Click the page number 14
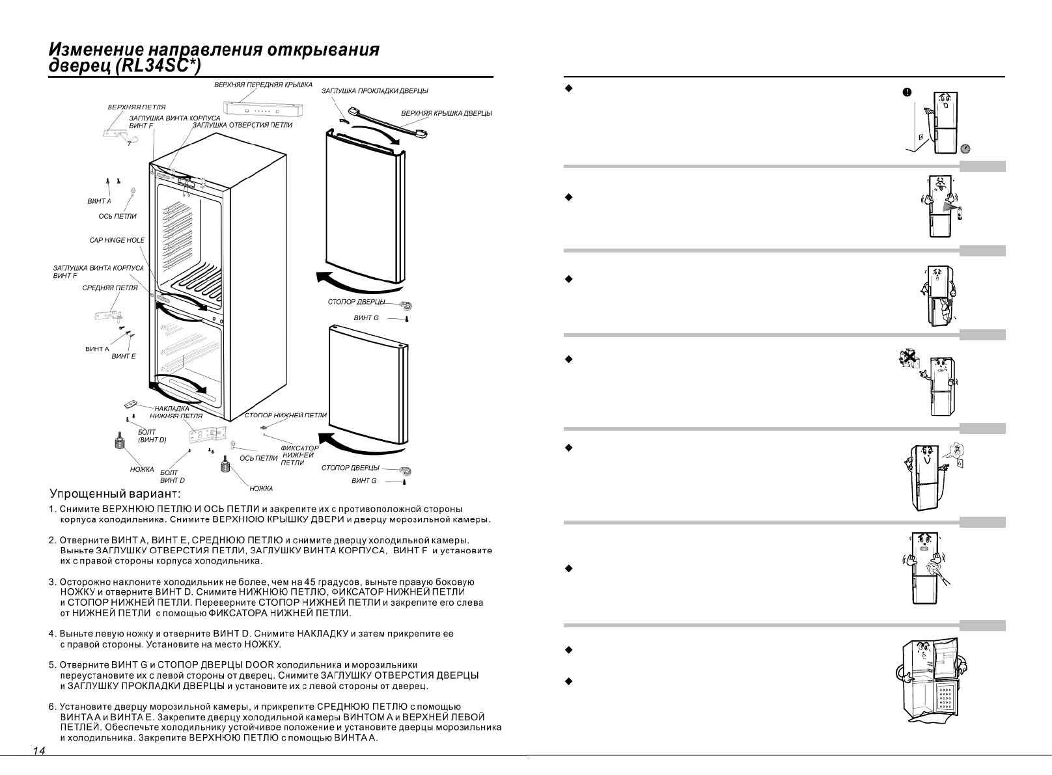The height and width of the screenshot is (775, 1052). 39,751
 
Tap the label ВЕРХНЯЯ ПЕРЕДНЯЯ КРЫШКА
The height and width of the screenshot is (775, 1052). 263,85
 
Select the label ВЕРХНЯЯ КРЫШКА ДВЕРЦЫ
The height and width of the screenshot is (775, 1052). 447,113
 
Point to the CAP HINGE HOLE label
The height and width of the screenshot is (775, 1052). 117,240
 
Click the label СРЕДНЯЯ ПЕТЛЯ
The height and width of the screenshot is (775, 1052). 110,288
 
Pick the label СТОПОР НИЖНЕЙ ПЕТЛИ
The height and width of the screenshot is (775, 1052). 286,415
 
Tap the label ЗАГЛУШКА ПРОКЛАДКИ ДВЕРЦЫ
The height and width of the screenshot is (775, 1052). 375,91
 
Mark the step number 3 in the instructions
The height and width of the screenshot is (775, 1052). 52,582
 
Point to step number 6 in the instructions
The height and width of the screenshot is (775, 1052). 52,707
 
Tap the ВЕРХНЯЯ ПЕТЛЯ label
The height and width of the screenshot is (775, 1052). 137,107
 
